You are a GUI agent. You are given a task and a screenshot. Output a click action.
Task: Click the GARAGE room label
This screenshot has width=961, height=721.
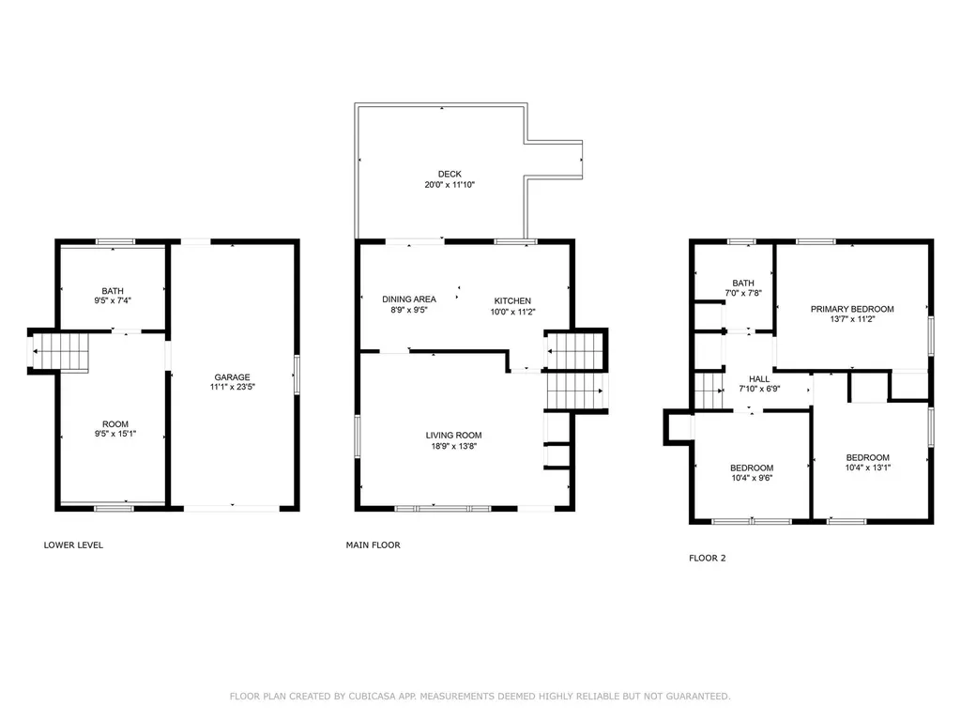coord(233,377)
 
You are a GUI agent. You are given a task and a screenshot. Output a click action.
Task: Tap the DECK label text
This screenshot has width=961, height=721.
coord(450,174)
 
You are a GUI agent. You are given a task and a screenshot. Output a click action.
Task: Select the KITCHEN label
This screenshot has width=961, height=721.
coord(512,301)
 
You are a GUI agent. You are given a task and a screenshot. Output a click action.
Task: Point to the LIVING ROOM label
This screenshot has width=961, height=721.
coord(453,436)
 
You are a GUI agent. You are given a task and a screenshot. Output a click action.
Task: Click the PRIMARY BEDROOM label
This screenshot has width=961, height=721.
coord(852,309)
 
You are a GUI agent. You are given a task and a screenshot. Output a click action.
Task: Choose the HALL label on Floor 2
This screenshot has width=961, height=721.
coord(758,379)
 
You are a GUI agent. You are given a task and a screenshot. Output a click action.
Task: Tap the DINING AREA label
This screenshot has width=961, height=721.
coord(409,299)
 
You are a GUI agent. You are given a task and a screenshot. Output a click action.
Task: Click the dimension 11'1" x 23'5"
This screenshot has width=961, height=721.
coord(233,387)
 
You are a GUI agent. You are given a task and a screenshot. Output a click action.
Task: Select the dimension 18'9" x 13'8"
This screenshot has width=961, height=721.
coord(453,446)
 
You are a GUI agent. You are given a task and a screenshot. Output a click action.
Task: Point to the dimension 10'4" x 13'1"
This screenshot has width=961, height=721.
coord(867,468)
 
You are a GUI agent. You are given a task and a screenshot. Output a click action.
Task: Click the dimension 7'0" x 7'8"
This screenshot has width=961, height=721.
coord(743,293)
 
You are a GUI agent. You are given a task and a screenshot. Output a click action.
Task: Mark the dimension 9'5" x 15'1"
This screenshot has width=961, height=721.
coord(114,434)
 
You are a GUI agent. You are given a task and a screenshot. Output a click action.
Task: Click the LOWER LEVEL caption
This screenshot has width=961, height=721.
coord(73,545)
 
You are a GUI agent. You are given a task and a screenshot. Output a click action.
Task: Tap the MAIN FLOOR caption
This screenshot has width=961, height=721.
coord(373,545)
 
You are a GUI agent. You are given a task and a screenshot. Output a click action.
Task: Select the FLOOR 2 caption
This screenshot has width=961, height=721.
coord(707,558)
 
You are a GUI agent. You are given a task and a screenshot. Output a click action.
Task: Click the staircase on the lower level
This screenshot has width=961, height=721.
coord(60,352)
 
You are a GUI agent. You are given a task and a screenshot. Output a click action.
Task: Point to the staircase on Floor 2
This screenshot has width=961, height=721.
coord(709,391)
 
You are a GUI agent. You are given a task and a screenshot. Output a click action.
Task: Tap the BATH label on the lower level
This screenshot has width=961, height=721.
coord(113,291)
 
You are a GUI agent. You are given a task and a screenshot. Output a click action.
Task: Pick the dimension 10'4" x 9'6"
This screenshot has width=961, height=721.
coord(752,478)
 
